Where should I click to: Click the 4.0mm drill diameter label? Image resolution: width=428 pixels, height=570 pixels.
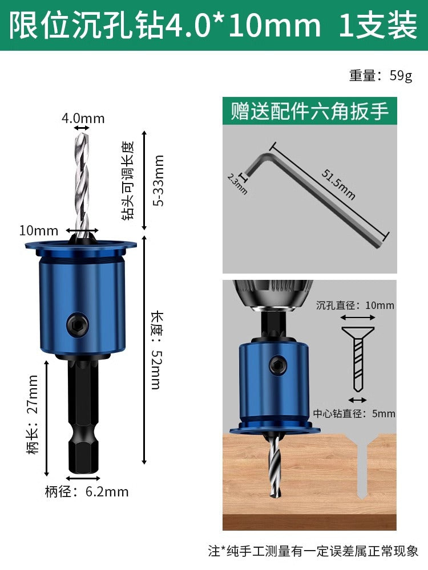click(x=83, y=118)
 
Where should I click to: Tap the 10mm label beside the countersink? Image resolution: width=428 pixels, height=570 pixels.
click(x=39, y=230)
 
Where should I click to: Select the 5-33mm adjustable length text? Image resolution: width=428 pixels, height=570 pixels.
click(x=159, y=180)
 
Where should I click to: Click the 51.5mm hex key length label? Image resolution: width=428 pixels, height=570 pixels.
click(x=338, y=184)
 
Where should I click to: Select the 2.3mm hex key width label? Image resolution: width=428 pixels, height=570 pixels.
click(x=237, y=184)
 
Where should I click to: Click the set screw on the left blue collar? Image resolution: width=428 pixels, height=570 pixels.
click(x=78, y=323)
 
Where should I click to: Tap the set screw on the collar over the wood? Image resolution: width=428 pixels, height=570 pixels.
click(x=278, y=365)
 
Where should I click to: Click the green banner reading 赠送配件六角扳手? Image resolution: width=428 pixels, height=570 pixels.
click(x=310, y=111)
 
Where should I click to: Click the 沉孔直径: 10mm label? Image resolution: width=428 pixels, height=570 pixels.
click(x=355, y=305)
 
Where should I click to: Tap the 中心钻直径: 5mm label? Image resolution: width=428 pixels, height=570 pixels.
click(x=354, y=414)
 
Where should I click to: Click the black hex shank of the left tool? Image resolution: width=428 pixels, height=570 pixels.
click(x=83, y=416)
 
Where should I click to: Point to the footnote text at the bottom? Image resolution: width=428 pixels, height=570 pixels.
click(x=313, y=551)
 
